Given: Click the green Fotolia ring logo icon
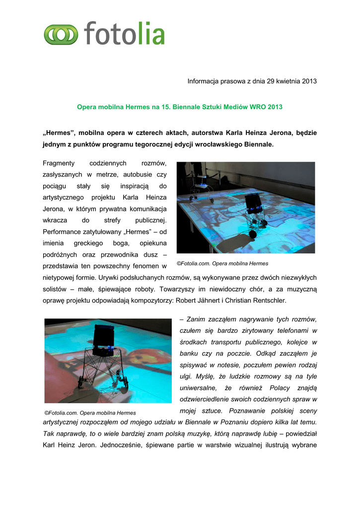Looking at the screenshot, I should (x=61, y=34).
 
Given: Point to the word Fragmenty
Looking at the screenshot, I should (x=59, y=163).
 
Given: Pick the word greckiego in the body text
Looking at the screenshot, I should (x=88, y=244).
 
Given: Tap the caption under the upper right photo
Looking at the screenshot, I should (x=222, y=263).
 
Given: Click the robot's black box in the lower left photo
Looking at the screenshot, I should (x=104, y=337).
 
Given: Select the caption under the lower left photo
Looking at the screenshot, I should (x=90, y=413).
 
